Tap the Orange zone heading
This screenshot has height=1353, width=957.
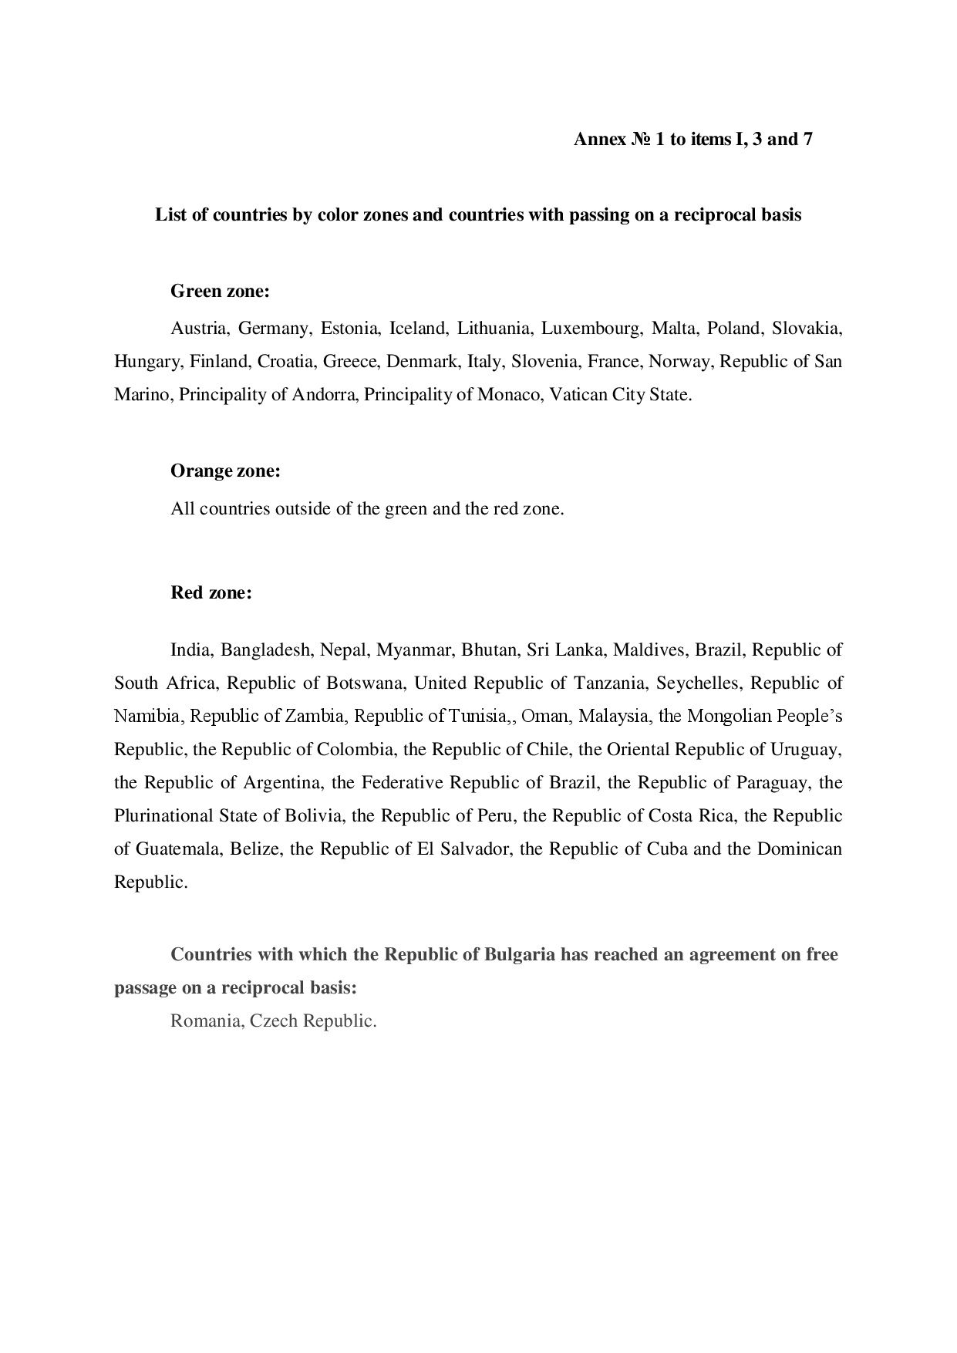click(x=225, y=471)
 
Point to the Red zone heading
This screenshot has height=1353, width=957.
click(x=211, y=593)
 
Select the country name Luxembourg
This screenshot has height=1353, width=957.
click(x=591, y=329)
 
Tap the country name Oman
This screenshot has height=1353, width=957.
click(x=545, y=716)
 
